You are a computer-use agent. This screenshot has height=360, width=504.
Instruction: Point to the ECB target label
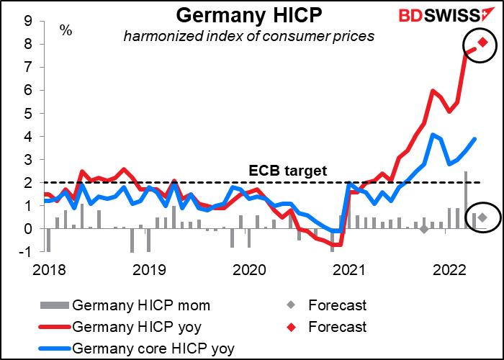288,171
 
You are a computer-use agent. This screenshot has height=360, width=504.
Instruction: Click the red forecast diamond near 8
482,42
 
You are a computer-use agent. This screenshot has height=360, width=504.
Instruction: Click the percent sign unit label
66,30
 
